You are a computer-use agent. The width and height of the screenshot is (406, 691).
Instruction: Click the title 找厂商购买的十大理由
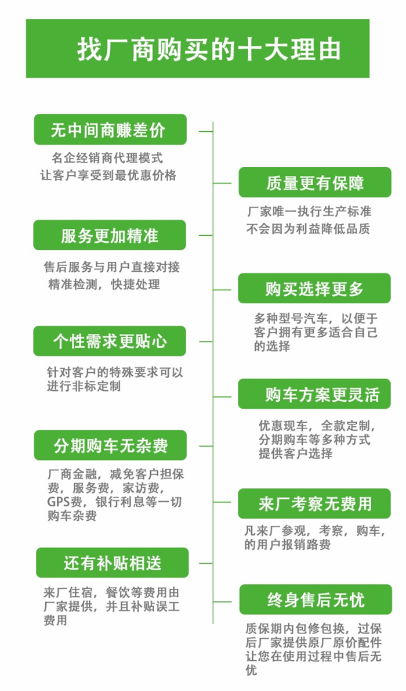[x=209, y=49]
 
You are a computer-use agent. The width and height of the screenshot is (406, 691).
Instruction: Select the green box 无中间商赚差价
[x=110, y=129]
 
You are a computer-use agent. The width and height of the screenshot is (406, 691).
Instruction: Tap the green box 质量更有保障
[x=315, y=182]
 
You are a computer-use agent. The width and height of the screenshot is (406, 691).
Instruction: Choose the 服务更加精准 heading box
[x=110, y=235]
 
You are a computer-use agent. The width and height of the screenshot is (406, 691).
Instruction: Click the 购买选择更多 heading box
[x=314, y=288]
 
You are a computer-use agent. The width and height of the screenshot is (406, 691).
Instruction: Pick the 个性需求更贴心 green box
[x=110, y=341]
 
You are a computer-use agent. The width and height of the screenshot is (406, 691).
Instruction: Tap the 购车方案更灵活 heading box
[x=314, y=394]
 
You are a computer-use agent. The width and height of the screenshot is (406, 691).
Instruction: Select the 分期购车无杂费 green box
[x=110, y=445]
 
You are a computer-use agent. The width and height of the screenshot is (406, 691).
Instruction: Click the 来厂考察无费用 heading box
[x=314, y=503]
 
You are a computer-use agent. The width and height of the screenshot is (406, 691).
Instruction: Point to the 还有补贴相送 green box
[x=113, y=563]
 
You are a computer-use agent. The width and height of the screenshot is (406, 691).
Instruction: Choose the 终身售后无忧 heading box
[x=316, y=599]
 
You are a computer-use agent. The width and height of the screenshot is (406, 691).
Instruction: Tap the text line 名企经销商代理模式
[x=107, y=157]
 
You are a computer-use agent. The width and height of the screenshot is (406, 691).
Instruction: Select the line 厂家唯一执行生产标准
[x=309, y=211]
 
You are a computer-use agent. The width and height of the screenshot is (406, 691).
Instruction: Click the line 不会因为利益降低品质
[x=308, y=229]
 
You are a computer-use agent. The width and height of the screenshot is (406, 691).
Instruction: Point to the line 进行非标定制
[x=84, y=387]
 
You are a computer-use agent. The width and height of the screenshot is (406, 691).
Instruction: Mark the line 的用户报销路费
[x=288, y=545]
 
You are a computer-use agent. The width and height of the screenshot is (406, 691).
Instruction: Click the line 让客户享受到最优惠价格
[x=108, y=175]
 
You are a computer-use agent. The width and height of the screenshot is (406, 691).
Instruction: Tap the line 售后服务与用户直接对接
[x=112, y=267]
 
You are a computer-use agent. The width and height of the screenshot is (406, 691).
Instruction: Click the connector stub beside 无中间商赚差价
[x=206, y=131]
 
